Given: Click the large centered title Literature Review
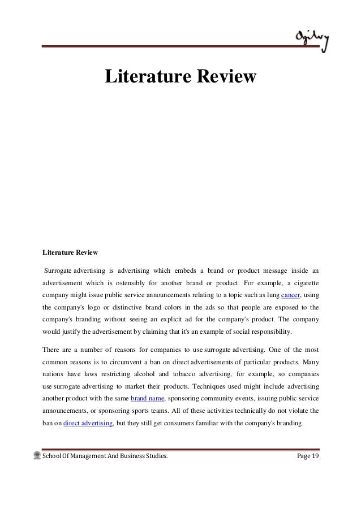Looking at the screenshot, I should pyautogui.click(x=180, y=77).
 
